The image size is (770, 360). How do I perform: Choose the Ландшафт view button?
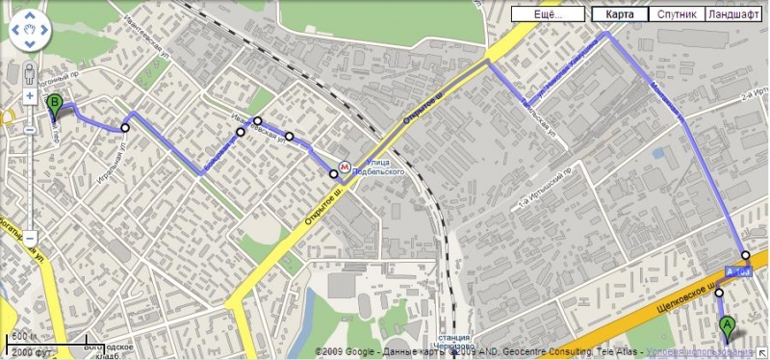pos(732,14)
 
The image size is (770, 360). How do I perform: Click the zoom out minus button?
pos(30,237)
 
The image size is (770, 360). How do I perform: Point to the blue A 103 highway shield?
pos(738,273)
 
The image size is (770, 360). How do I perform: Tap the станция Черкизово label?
pos(452,344)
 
